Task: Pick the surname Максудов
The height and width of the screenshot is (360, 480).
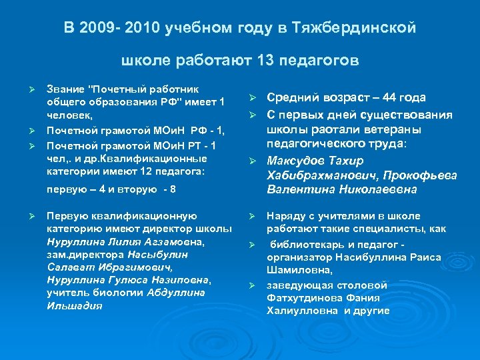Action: [x=299, y=161]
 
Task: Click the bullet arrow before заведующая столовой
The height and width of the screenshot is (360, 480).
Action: [x=253, y=285]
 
